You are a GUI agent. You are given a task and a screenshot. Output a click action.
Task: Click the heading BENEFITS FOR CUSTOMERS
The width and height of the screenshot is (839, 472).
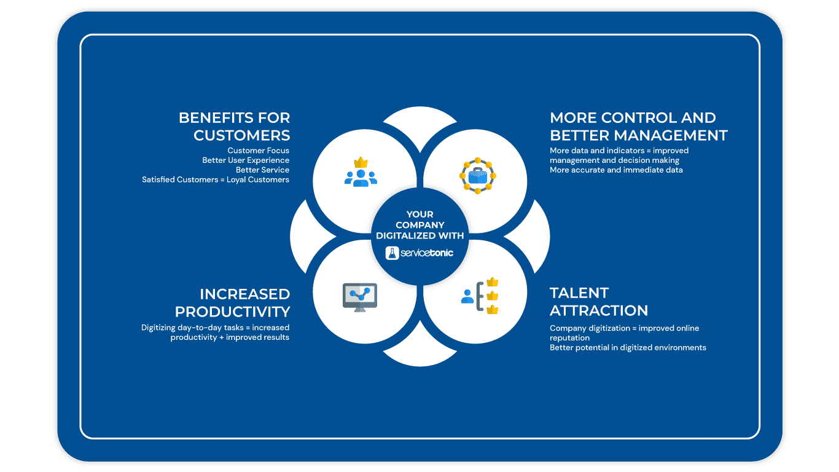[x=234, y=126]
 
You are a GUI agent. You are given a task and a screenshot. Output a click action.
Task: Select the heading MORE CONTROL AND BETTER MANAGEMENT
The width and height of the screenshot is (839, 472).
[x=639, y=126]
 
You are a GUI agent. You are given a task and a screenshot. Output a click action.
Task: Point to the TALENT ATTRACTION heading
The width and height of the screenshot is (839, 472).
[x=599, y=301]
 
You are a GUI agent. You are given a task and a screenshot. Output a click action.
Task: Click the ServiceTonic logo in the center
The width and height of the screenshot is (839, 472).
[x=420, y=253]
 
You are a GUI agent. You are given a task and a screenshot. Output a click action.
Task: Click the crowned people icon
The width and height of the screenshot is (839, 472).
[x=361, y=172]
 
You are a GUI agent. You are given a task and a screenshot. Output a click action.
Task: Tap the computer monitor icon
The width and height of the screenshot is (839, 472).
[x=360, y=296]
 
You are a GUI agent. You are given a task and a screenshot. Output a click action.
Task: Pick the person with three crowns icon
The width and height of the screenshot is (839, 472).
[x=479, y=296]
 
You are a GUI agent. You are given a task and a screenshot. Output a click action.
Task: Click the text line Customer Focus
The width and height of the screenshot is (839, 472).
[x=258, y=151]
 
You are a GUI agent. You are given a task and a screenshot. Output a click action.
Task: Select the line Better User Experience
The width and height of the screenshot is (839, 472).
[x=246, y=160]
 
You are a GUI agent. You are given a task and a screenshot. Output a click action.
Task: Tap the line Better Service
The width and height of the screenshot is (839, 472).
[x=262, y=170]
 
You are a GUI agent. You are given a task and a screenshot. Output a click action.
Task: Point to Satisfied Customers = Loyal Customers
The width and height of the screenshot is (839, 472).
[x=216, y=179]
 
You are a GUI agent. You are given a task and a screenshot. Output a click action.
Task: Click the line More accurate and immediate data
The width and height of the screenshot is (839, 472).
[x=616, y=170]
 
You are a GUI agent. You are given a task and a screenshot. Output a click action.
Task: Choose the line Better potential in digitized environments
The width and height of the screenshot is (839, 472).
[x=628, y=347]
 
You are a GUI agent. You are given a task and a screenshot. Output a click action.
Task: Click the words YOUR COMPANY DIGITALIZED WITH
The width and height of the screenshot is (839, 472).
[x=420, y=225]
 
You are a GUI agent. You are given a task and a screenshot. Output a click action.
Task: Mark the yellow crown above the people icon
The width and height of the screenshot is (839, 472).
[x=361, y=163]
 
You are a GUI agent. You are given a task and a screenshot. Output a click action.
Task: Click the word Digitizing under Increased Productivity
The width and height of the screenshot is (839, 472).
[x=159, y=328]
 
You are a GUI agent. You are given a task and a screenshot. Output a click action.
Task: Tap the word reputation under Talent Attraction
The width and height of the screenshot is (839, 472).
[x=569, y=337]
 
